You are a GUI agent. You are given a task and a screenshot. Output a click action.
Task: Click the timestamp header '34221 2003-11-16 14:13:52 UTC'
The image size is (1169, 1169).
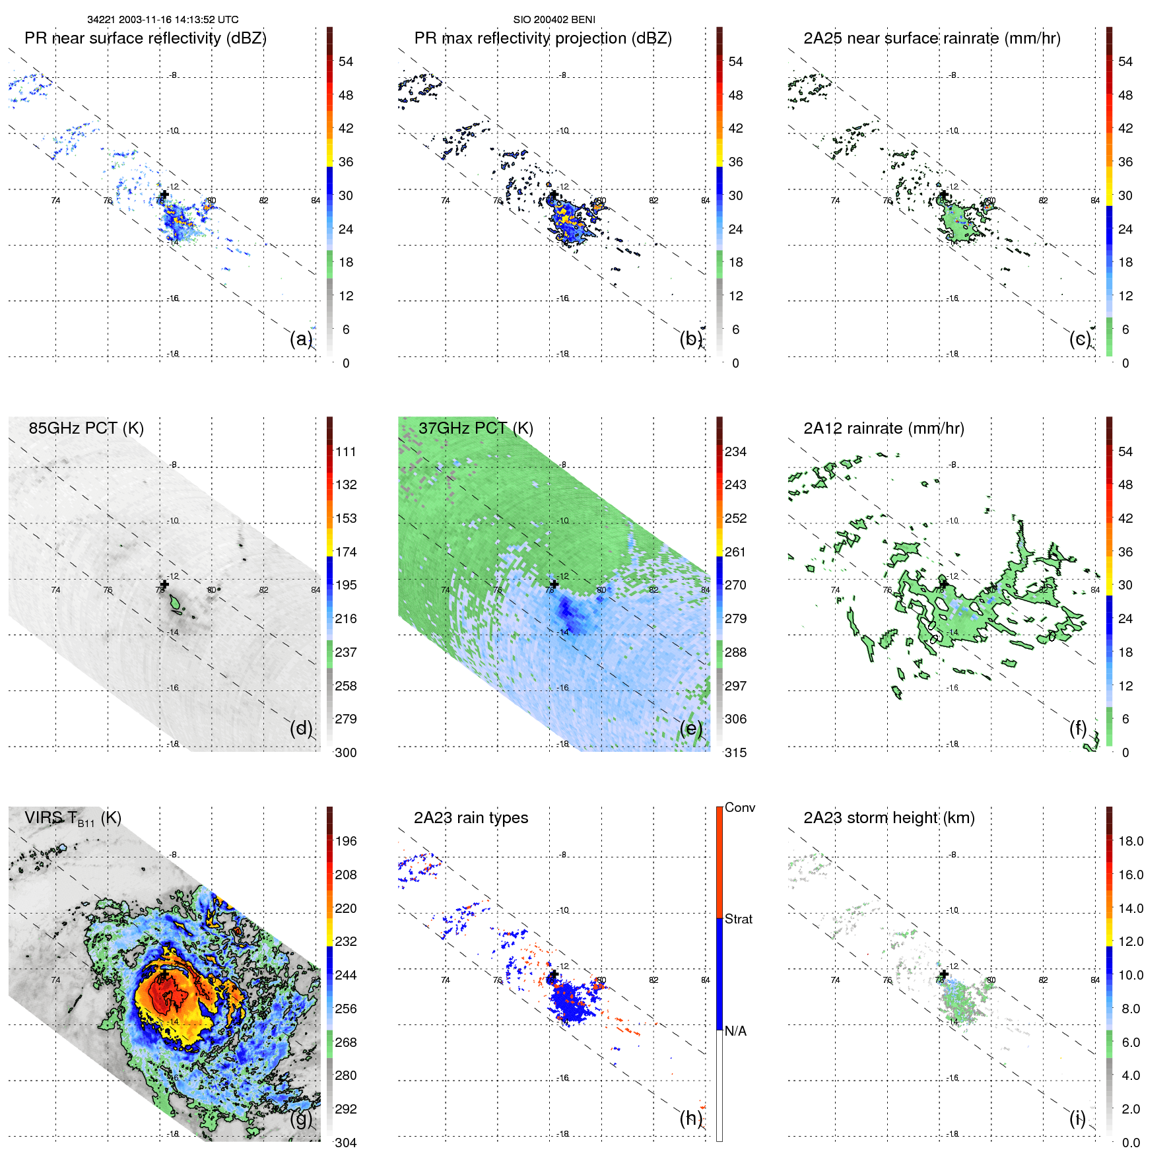[x=163, y=20]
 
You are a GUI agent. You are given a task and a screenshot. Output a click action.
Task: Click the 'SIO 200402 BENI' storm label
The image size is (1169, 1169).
[x=554, y=20]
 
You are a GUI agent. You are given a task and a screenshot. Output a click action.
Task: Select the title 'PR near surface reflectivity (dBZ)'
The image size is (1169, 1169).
[x=145, y=38]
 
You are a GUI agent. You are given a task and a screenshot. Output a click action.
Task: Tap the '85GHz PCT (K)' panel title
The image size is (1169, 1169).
[x=86, y=428]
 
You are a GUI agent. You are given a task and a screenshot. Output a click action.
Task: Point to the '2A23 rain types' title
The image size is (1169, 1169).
[x=471, y=818]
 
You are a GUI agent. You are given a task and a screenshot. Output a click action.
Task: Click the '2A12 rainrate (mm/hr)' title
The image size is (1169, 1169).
[x=883, y=428]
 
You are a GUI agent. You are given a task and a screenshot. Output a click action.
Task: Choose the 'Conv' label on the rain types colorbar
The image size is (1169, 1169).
[x=739, y=807]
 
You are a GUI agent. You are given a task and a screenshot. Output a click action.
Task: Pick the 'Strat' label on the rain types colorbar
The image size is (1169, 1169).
[x=738, y=919]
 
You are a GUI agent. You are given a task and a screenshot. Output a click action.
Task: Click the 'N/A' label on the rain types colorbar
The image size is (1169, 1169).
[x=735, y=1031]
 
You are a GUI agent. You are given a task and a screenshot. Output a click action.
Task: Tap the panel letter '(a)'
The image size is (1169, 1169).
[x=301, y=339]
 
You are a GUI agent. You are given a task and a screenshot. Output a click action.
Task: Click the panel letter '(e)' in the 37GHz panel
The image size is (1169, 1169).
[x=690, y=728]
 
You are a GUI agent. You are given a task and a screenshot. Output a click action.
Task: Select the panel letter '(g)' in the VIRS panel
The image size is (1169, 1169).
[x=301, y=1118]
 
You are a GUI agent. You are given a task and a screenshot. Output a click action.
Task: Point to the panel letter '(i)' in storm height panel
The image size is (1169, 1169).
[x=1077, y=1118]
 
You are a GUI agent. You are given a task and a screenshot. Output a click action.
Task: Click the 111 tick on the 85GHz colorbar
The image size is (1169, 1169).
[x=346, y=451]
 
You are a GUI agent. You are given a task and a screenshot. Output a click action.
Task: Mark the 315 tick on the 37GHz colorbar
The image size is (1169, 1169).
[x=735, y=752]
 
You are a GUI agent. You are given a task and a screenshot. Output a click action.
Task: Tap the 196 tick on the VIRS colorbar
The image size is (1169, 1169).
[x=346, y=841]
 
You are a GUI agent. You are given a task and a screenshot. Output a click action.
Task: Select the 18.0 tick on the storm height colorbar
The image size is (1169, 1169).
[x=1130, y=841]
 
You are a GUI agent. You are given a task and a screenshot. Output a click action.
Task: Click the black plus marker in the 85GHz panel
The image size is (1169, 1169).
[x=164, y=584]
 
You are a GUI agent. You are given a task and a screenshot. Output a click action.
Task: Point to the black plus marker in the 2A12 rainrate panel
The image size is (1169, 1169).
[x=944, y=584]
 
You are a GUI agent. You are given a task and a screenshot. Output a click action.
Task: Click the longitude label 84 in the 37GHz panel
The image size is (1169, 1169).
[x=705, y=590]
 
